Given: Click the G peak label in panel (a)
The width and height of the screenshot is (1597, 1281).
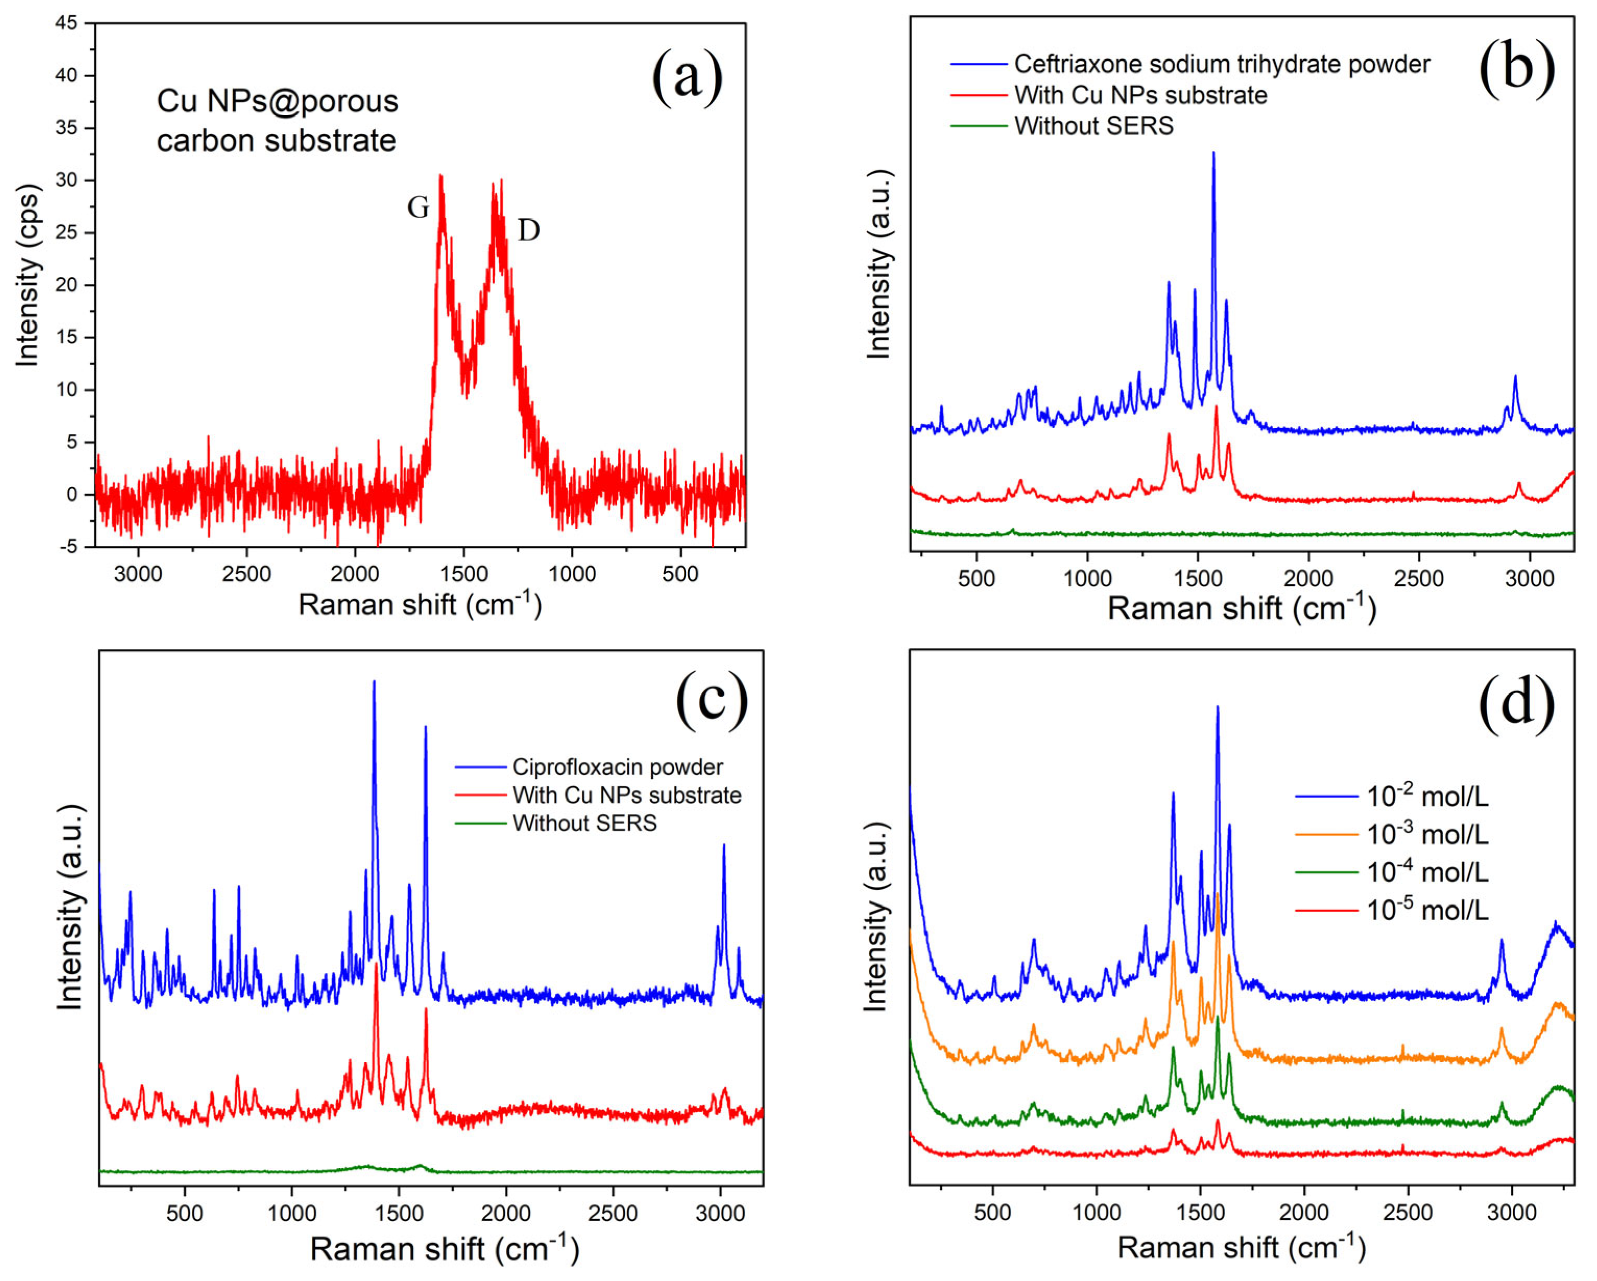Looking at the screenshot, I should pos(418,208).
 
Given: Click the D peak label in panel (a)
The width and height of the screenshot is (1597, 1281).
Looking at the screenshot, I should pos(528,231).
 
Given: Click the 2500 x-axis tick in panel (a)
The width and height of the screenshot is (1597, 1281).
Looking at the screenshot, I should pos(246,574).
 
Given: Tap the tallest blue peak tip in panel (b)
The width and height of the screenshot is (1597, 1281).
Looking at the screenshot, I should pos(1213,153).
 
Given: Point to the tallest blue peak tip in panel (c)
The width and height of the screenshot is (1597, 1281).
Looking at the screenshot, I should pos(374,682).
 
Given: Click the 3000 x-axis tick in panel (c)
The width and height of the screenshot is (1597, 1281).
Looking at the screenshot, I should pos(720,1214).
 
